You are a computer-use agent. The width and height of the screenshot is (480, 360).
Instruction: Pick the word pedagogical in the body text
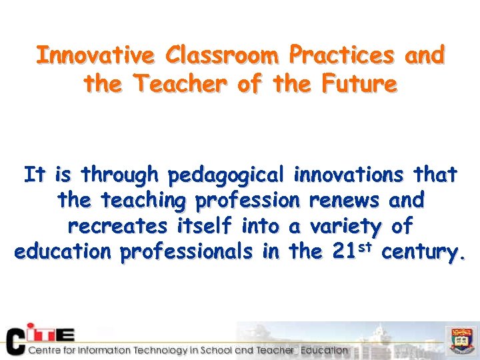227,176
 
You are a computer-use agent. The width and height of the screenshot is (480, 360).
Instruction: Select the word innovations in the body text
348,175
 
